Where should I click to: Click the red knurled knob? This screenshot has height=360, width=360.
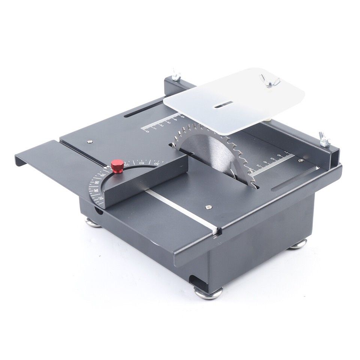coord(117,165)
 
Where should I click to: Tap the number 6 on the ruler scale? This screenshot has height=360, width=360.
coord(279,155)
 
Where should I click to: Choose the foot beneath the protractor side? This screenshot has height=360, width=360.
coord(93,223)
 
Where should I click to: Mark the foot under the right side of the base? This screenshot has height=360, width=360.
coord(298,244)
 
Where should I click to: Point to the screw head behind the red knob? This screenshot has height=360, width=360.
coord(89,142)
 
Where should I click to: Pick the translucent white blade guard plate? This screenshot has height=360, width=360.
coord(240,99)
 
